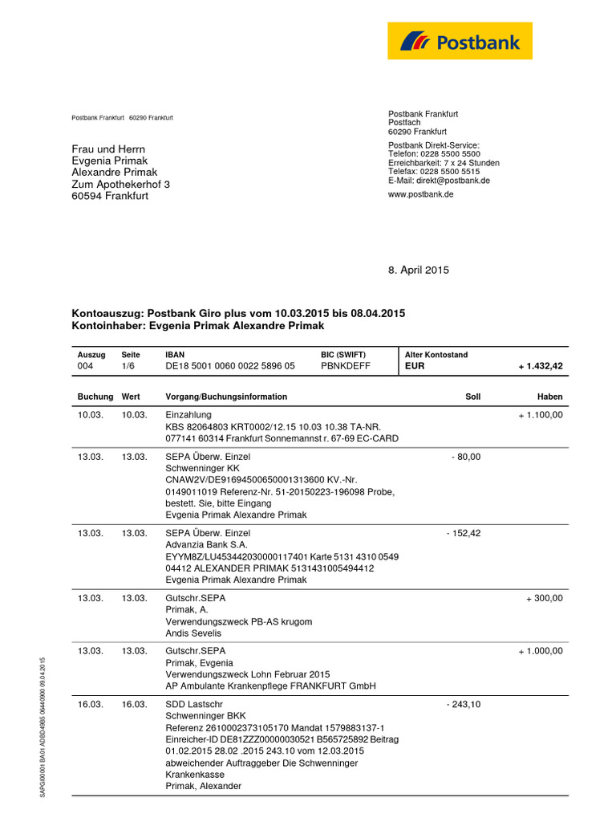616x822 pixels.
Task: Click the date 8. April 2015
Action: (419, 271)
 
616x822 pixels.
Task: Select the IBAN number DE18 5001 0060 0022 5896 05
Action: (230, 366)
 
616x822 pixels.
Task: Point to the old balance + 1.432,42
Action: (541, 366)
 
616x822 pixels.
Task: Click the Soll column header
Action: (473, 397)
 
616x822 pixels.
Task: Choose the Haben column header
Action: (549, 397)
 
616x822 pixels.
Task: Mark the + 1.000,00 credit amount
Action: (540, 651)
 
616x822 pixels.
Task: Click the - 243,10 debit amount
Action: (463, 705)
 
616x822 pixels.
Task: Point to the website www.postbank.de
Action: (421, 195)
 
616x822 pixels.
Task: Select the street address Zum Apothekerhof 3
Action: (120, 184)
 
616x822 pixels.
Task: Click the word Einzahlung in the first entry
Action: (188, 414)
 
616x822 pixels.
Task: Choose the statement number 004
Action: (85, 366)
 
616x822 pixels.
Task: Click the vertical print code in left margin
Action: (43, 726)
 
